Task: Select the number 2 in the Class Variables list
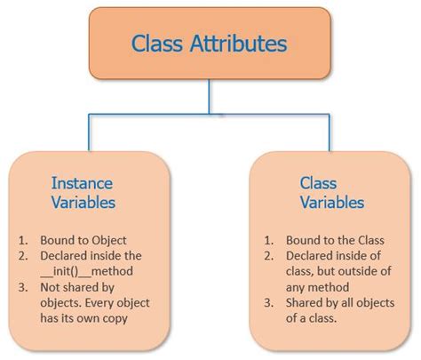click(x=266, y=255)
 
